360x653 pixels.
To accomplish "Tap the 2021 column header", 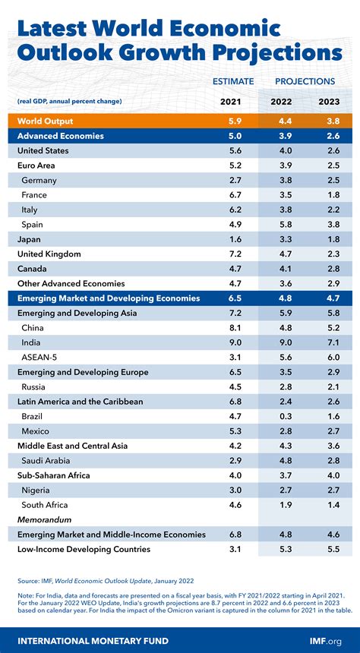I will click(x=230, y=101).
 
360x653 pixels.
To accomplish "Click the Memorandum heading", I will click(x=44, y=519).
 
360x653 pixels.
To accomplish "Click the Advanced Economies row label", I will click(x=60, y=136).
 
